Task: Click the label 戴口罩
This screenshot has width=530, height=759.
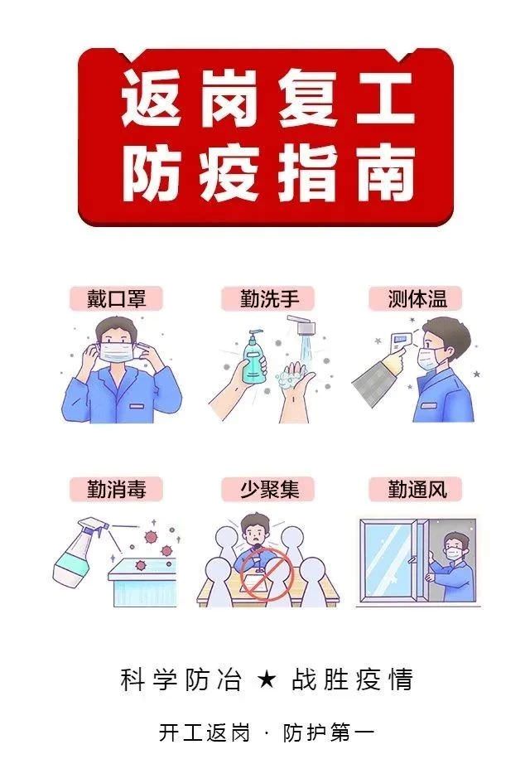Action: point(116,298)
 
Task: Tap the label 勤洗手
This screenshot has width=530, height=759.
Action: point(268,298)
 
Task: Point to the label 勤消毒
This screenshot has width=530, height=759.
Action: point(116,490)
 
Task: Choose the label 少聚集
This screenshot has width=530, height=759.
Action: point(268,490)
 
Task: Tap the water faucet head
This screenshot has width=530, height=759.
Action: point(304,326)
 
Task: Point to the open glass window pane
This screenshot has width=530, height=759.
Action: point(392,560)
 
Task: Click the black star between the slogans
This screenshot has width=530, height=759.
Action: point(267,679)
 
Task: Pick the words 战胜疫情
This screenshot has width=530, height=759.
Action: point(353,679)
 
